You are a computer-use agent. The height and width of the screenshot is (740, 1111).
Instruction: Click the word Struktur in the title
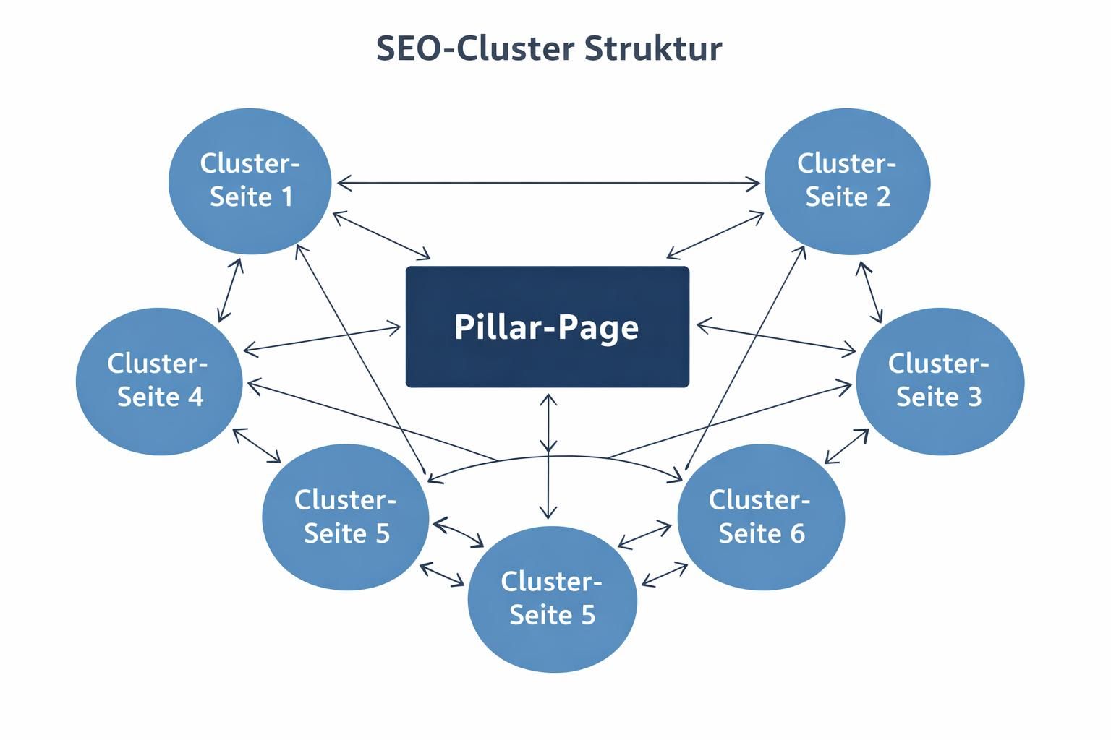coord(652,49)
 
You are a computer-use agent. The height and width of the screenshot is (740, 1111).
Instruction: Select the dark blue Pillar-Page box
coord(547,327)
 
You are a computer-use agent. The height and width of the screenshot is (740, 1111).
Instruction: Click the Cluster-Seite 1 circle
coord(250,181)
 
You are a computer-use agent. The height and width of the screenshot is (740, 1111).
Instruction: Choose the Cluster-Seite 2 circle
coord(847,181)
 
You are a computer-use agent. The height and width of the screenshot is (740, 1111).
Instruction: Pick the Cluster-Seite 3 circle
coord(940,381)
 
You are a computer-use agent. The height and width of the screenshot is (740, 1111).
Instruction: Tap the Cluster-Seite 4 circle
coord(159,381)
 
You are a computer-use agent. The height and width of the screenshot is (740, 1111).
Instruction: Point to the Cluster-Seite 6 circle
coord(761,517)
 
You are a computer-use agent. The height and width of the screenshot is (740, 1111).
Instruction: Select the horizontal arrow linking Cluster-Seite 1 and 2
coord(548,183)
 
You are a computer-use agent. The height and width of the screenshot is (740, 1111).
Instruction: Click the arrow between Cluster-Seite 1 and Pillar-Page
coord(381,235)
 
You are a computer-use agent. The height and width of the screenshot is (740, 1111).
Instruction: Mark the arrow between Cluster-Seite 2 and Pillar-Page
coord(716,235)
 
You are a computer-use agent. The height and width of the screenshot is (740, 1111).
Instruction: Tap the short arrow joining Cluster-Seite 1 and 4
coord(230,290)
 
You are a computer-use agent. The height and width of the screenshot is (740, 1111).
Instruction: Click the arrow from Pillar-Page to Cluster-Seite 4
coord(322,340)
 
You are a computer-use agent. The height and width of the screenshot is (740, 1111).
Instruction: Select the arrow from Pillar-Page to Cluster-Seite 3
coord(775,339)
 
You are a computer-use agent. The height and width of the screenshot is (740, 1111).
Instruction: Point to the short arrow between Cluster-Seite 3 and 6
coord(846,446)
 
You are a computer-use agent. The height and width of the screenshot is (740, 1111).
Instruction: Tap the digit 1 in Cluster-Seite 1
coord(286,197)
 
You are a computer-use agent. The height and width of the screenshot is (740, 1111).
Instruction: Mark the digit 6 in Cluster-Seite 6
coord(796,534)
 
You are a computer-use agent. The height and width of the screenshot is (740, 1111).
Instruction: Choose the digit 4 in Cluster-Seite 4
coord(195,397)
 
